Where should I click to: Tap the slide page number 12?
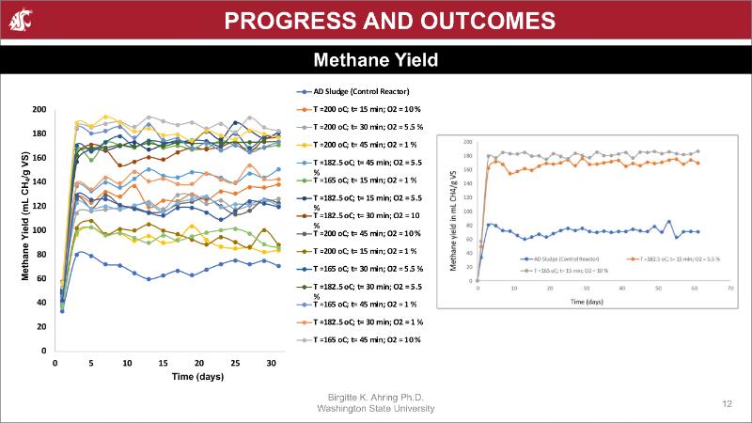click(x=728, y=402)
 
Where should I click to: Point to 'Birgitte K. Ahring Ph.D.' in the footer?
click(x=376, y=398)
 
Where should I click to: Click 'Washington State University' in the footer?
click(x=376, y=409)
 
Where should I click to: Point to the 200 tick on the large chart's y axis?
click(x=39, y=109)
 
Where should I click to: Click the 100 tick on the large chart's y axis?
click(x=39, y=230)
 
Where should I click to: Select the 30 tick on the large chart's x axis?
click(x=271, y=363)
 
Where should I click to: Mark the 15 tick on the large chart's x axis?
click(x=163, y=363)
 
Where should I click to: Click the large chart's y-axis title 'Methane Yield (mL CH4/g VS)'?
click(x=26, y=230)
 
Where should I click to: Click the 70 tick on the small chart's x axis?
click(x=730, y=289)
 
